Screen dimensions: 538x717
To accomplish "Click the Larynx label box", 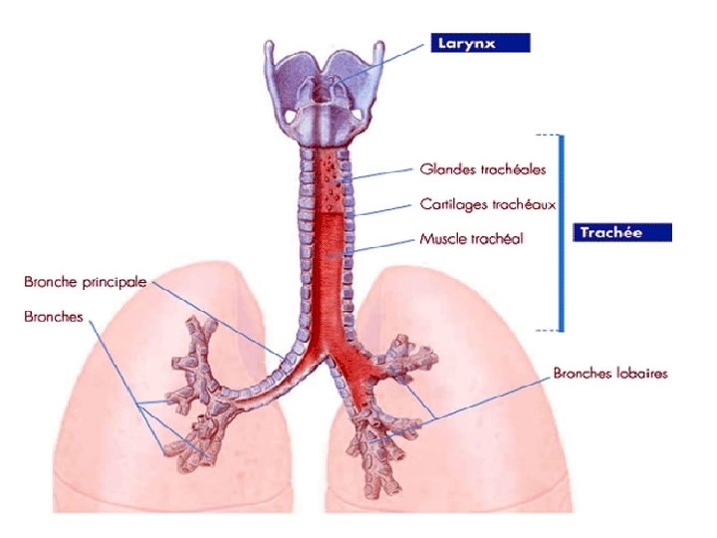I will tap(480, 43).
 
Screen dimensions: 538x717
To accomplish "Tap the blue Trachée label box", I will tap(621, 232).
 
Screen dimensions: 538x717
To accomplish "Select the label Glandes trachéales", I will tap(482, 170).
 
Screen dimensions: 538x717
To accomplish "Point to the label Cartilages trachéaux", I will tap(487, 204).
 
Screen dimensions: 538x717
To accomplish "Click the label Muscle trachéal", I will tap(471, 239).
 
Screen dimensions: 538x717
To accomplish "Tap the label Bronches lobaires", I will tap(610, 374).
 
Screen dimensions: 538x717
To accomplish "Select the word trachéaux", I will tap(521, 204).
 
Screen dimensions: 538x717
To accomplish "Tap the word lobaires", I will tap(640, 374).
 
